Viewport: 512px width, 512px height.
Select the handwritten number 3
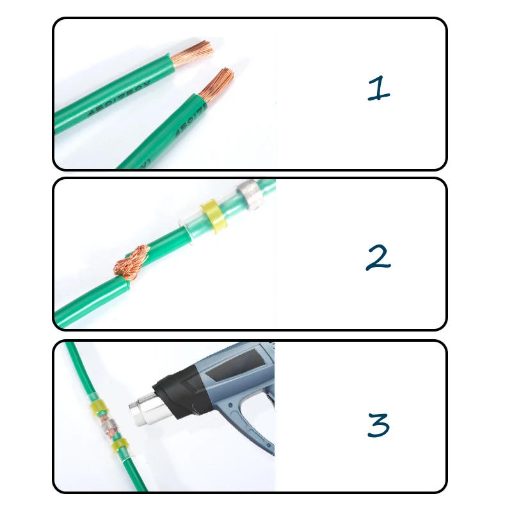pyautogui.click(x=378, y=425)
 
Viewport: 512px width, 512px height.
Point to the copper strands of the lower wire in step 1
pyautogui.click(x=218, y=83)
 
